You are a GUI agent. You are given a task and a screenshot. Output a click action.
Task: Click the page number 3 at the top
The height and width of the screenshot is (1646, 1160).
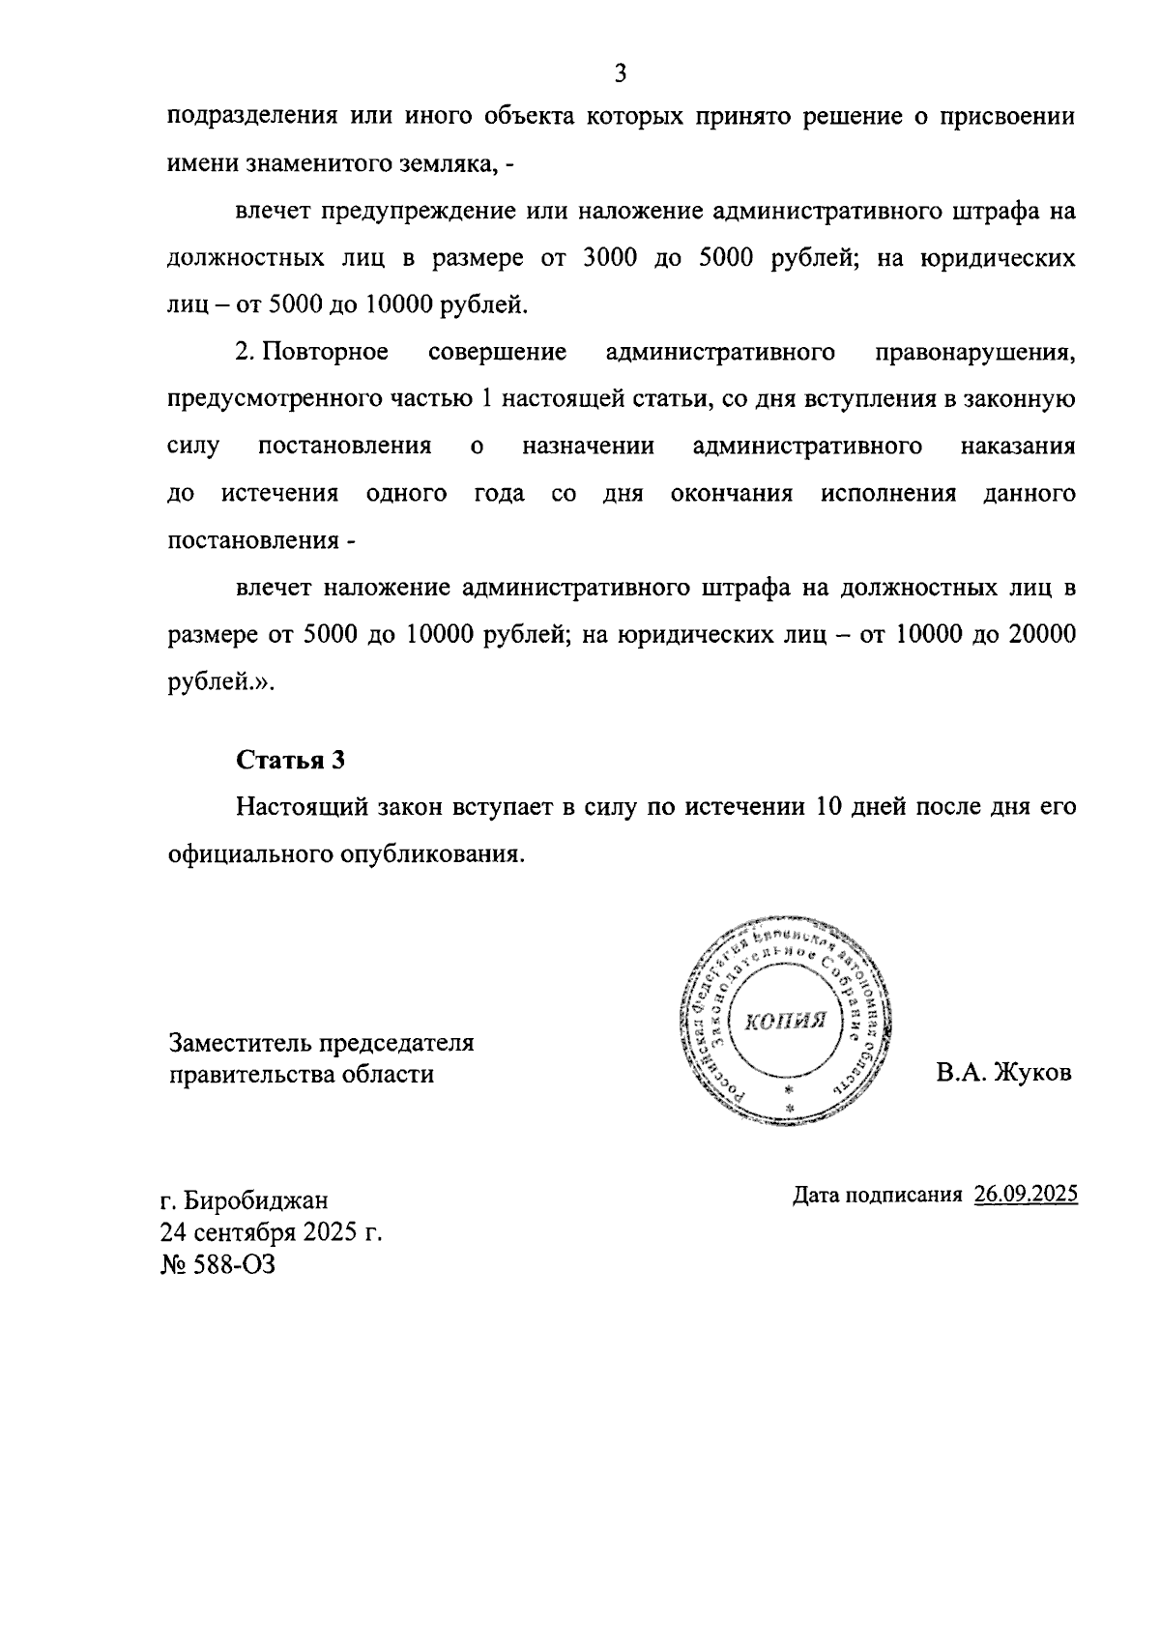click(622, 73)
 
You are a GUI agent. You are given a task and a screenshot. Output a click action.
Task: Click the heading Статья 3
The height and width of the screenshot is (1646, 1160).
click(290, 760)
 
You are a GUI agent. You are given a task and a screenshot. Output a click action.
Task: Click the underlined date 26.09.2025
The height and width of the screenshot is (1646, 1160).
click(1026, 1195)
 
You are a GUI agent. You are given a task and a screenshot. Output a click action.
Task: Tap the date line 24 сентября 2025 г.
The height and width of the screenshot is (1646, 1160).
click(272, 1232)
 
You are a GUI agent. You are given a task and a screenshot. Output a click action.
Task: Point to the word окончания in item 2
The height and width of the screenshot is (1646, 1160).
click(732, 494)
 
